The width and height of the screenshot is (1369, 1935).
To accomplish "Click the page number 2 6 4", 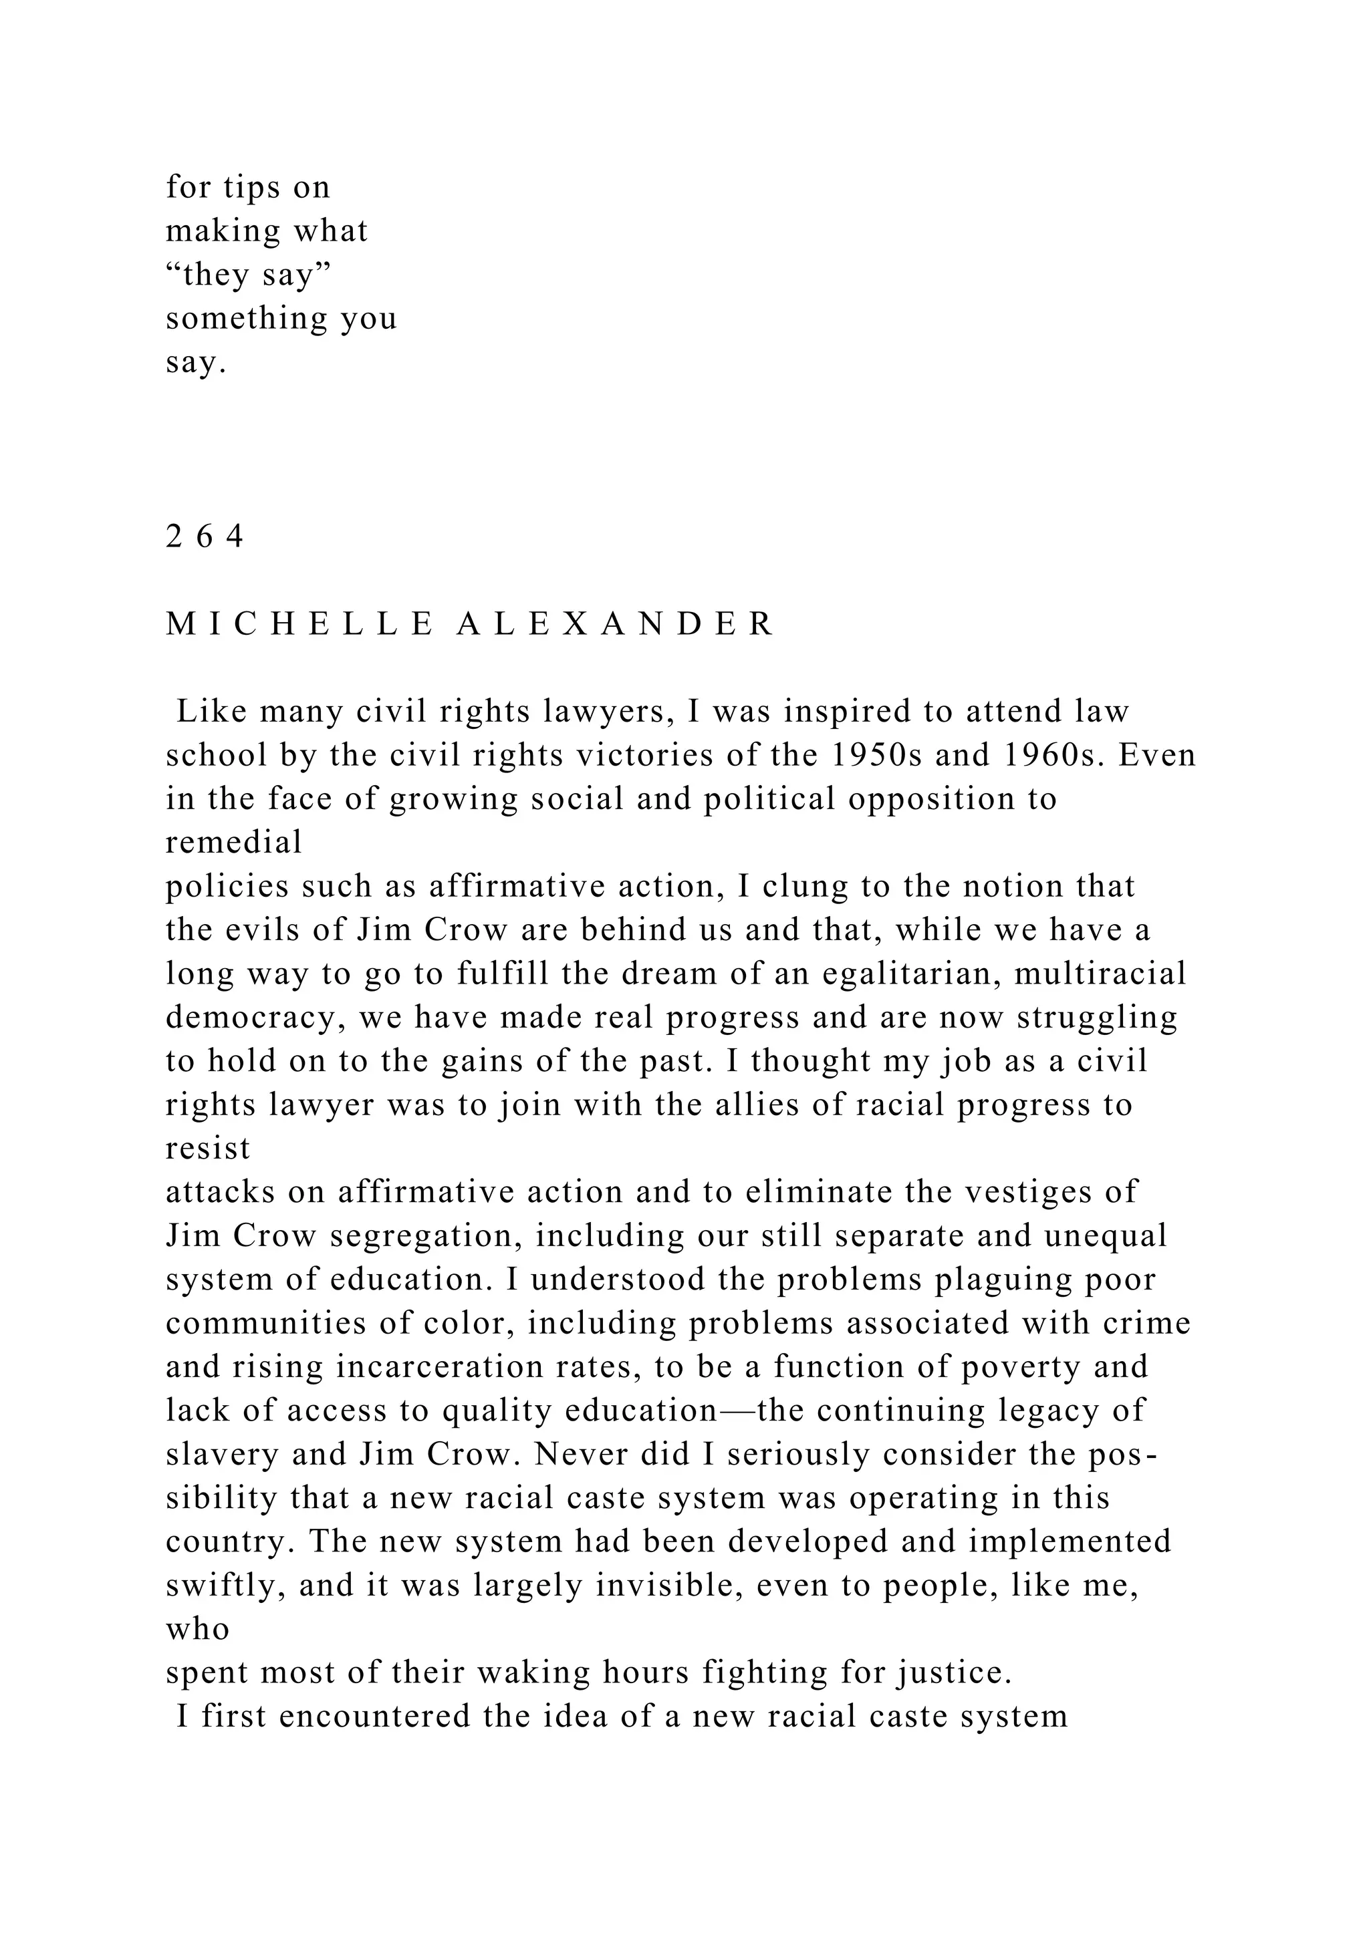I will (205, 536).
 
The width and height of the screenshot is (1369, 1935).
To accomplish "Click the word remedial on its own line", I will (233, 842).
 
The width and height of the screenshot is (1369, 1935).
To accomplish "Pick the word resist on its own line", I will (208, 1149).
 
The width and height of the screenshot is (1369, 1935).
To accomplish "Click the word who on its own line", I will (197, 1629).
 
